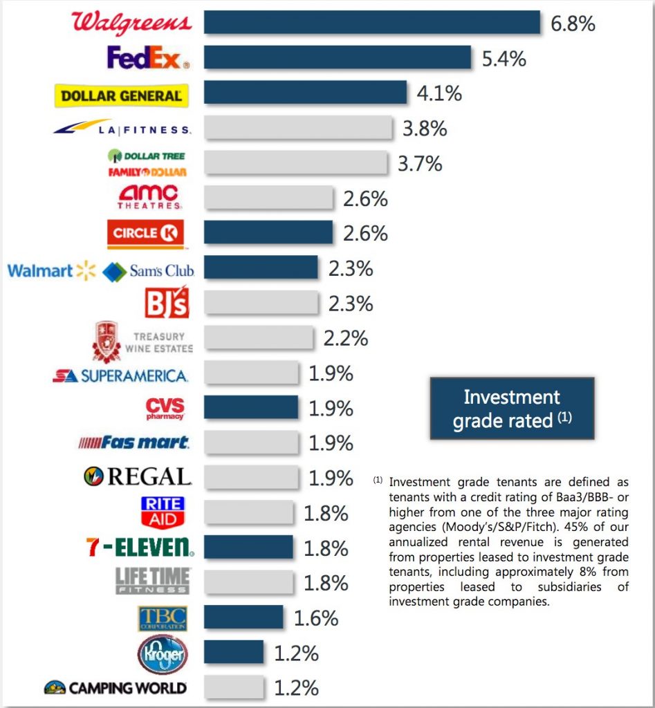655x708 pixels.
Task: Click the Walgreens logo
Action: tap(131, 23)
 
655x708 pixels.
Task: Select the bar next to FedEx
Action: tap(338, 57)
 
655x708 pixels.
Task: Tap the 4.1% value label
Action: tap(439, 93)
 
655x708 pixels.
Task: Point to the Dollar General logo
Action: tap(121, 95)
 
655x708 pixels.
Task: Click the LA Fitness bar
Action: tap(298, 129)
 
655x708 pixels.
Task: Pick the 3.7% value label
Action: tap(419, 164)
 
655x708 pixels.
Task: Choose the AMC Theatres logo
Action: tap(149, 197)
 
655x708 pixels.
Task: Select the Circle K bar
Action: tap(268, 233)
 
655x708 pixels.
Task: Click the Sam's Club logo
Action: tap(149, 271)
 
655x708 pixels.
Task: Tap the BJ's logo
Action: tap(166, 302)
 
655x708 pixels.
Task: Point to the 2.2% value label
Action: tap(345, 338)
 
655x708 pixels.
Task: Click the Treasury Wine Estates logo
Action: tap(143, 341)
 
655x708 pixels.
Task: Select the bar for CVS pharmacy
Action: tap(251, 408)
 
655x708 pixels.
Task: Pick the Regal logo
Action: tap(136, 477)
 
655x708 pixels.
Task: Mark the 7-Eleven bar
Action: tap(248, 548)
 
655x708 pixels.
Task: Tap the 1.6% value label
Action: tap(316, 618)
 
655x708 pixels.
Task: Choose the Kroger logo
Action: tap(163, 653)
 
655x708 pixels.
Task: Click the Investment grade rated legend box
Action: tap(512, 408)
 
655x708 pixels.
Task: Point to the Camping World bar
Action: tap(234, 688)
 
